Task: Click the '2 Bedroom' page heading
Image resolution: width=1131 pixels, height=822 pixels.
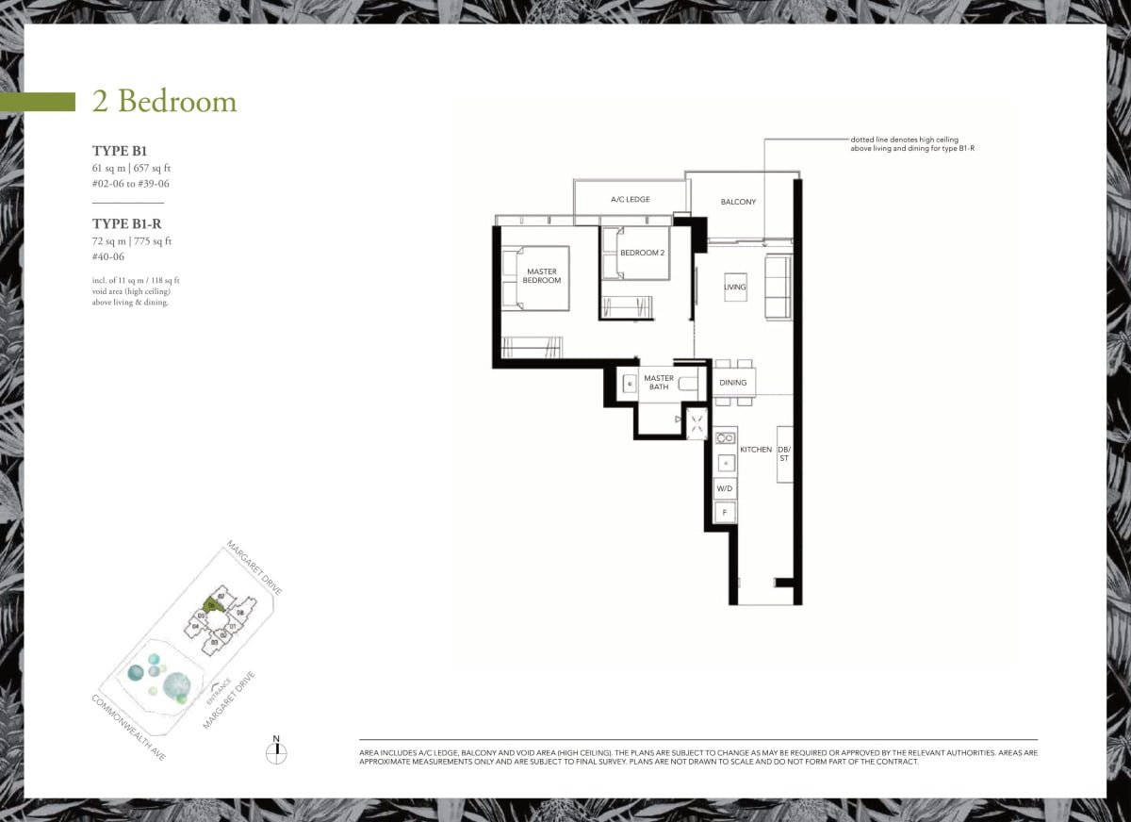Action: click(164, 102)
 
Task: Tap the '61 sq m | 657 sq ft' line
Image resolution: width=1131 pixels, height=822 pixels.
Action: click(131, 168)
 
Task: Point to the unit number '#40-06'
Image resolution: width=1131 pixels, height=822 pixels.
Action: click(108, 256)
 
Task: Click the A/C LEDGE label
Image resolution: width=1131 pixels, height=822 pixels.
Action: click(631, 200)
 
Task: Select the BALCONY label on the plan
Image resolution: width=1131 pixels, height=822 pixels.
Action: click(738, 202)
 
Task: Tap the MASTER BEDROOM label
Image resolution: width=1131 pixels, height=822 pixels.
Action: click(542, 276)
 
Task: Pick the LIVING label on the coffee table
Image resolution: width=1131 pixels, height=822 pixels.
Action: click(735, 287)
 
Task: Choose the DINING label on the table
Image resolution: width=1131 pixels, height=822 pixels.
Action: click(733, 383)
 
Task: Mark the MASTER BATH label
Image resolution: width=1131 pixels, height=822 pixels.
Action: click(659, 383)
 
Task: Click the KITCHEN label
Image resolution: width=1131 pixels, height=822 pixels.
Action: click(756, 450)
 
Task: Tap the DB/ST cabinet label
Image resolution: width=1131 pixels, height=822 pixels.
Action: click(784, 453)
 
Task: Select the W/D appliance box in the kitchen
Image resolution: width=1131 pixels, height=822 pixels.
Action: click(725, 488)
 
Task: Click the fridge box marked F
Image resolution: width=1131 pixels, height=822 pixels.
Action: click(725, 513)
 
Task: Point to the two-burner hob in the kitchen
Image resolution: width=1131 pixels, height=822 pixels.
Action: click(725, 438)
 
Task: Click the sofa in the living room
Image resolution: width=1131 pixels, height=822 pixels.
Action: click(779, 287)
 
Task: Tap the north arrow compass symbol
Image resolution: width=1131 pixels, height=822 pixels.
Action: click(276, 752)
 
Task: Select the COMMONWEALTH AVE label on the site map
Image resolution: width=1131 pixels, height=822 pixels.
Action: click(128, 728)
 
